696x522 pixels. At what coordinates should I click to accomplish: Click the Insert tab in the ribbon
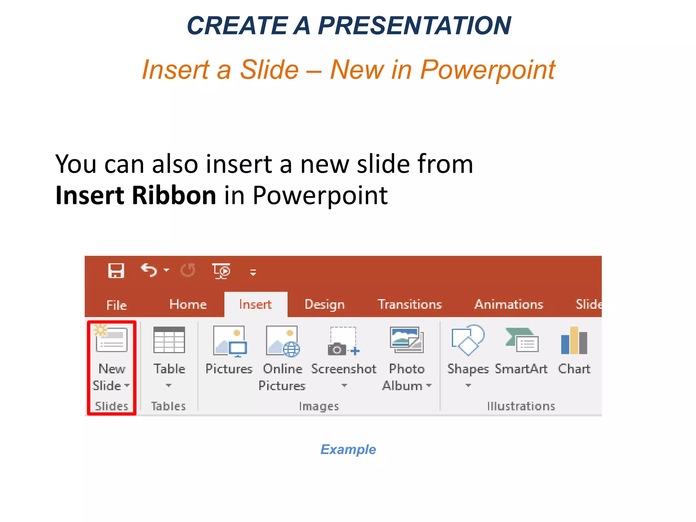tap(255, 304)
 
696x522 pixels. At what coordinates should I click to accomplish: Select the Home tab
tap(188, 304)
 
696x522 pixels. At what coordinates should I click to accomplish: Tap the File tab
tap(116, 305)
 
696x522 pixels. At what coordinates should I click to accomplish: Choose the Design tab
tap(325, 304)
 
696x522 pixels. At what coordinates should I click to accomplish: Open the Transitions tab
tap(410, 304)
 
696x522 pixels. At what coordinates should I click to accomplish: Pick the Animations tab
tap(509, 304)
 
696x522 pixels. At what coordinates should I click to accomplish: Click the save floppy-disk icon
tap(116, 271)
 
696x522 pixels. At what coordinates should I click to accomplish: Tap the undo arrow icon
tap(149, 271)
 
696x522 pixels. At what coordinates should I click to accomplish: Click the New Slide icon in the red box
tap(111, 340)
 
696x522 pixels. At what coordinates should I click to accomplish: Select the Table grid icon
tap(169, 340)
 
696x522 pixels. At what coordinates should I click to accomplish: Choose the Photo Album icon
tap(406, 341)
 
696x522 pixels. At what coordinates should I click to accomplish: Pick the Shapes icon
tap(468, 340)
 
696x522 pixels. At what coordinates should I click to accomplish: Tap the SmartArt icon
tap(522, 341)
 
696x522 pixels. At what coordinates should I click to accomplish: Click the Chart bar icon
tap(574, 341)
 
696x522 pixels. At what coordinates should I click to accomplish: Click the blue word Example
tap(348, 449)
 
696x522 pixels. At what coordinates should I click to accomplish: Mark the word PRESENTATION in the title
tap(414, 26)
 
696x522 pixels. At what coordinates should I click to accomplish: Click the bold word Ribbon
tap(174, 195)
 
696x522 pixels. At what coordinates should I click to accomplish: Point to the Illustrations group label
tap(521, 406)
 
